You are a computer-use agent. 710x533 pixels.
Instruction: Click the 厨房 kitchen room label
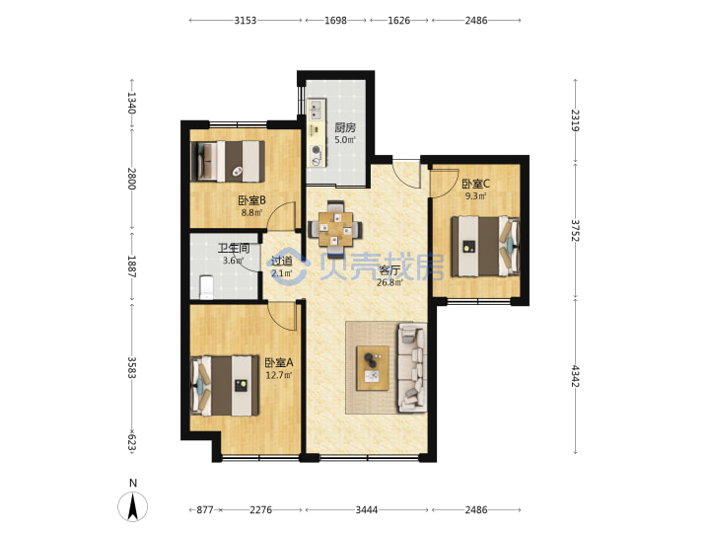click(345, 127)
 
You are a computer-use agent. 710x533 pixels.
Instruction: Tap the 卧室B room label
click(251, 200)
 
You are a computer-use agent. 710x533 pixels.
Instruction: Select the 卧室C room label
click(475, 184)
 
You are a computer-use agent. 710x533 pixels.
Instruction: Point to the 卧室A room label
click(279, 362)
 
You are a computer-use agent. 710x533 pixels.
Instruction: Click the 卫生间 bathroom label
click(234, 249)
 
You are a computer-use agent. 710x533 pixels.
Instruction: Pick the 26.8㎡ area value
click(390, 283)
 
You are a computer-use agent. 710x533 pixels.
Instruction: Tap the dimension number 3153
click(245, 21)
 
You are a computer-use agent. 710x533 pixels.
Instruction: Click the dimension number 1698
click(335, 21)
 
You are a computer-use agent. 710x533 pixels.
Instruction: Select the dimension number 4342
click(575, 376)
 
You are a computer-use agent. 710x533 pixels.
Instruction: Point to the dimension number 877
click(205, 510)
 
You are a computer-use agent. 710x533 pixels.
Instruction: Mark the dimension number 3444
click(366, 510)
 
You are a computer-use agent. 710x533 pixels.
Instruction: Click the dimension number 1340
click(131, 103)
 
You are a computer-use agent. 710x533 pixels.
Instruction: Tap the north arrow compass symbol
click(133, 505)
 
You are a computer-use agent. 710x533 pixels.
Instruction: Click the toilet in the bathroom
click(206, 287)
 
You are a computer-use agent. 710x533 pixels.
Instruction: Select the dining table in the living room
click(335, 229)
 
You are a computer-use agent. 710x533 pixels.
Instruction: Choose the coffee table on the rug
click(373, 368)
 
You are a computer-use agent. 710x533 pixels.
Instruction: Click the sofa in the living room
click(412, 367)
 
